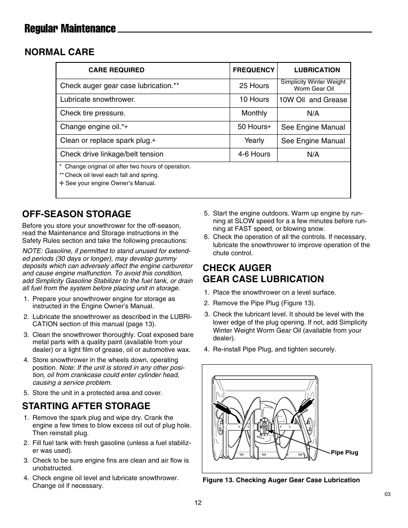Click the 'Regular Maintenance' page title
(x=70, y=29)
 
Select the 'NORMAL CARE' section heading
(x=59, y=52)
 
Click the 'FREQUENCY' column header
(x=254, y=70)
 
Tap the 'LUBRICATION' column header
(x=317, y=70)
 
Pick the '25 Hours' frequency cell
(x=254, y=86)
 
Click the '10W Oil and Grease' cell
(x=313, y=100)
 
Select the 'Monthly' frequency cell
(x=254, y=113)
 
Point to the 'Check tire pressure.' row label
(x=93, y=113)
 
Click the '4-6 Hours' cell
(x=254, y=154)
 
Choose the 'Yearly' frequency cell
(x=254, y=141)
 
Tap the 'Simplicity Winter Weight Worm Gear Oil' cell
(x=313, y=86)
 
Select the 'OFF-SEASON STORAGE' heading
(x=77, y=214)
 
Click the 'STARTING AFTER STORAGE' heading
(x=86, y=406)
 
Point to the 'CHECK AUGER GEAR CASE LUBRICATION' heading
(x=263, y=274)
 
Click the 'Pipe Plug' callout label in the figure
(x=344, y=453)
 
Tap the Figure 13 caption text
(x=281, y=480)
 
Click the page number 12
(x=198, y=503)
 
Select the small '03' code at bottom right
(x=387, y=494)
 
